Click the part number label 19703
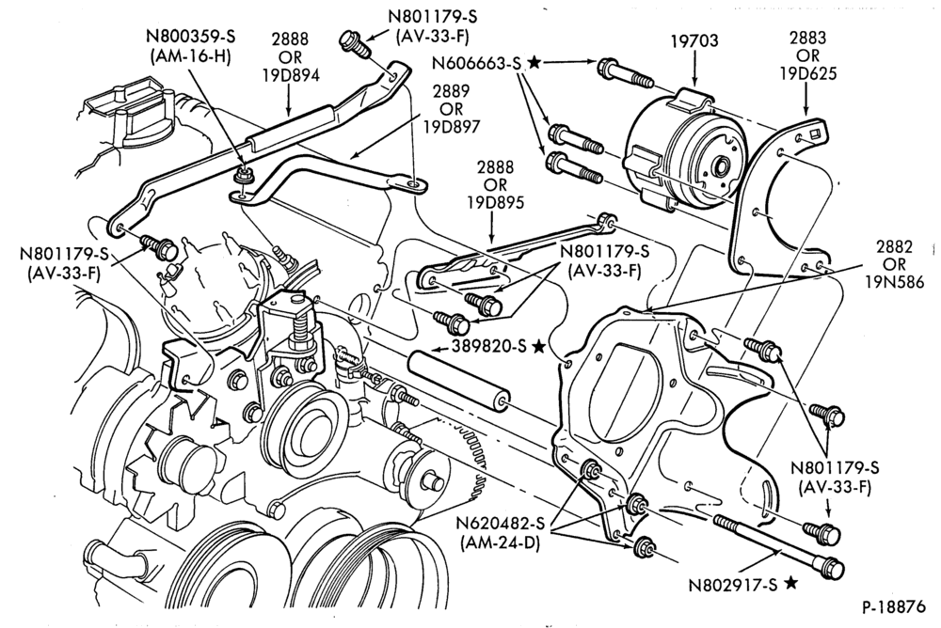click(694, 41)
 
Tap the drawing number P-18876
click(894, 606)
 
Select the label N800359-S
click(191, 36)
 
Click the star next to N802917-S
click(791, 582)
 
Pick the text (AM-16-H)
click(191, 57)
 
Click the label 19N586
click(894, 281)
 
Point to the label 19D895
click(496, 202)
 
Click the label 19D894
click(290, 74)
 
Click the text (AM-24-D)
click(500, 545)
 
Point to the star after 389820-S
click(538, 346)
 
